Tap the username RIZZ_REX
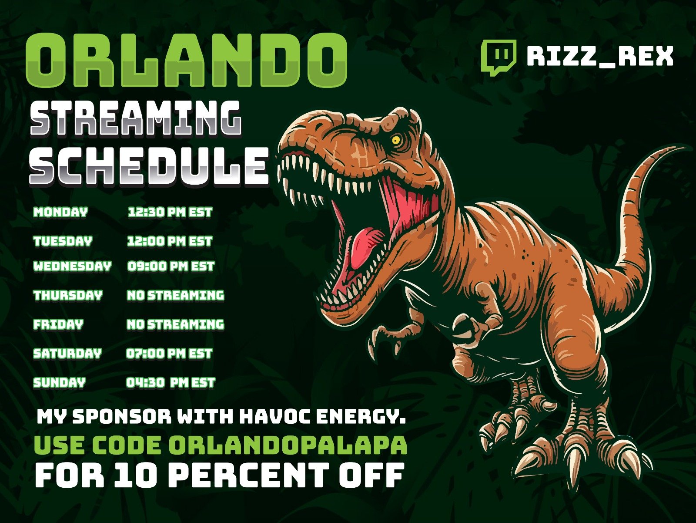coord(600,57)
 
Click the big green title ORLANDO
coord(187,60)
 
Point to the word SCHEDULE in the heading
coord(149,165)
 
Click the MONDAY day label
coord(60,212)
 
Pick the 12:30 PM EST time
coord(170,212)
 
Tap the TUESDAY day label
coord(63,241)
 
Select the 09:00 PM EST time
coord(171,266)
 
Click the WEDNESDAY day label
coord(72,266)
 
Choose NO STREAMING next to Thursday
coord(175,295)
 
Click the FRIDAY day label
coord(58,324)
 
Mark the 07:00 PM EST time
coord(169,353)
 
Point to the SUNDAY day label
coord(59,382)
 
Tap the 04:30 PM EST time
coord(171,382)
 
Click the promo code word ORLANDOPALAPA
coord(288,445)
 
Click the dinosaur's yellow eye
coord(396,140)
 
